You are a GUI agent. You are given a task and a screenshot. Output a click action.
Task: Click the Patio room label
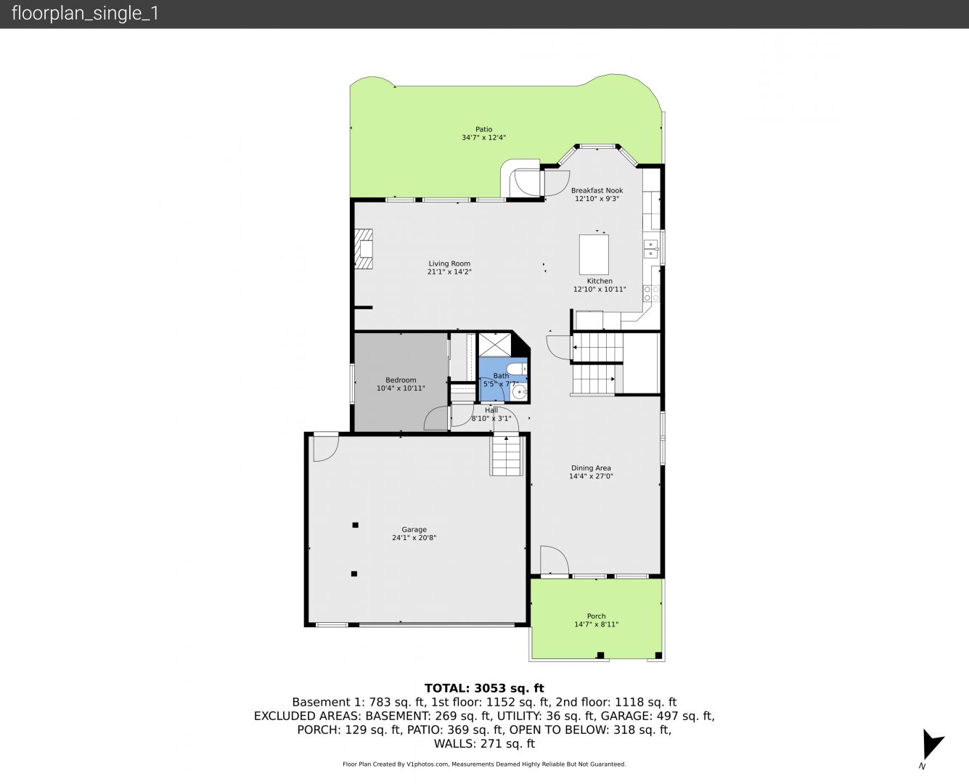coord(483,129)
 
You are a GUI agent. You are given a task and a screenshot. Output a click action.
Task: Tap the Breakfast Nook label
coord(597,191)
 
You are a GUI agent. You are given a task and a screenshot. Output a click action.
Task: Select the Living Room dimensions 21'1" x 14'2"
coord(449,271)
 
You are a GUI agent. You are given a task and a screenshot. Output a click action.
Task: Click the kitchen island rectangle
coord(594,254)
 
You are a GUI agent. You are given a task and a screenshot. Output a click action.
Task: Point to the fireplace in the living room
coord(364,249)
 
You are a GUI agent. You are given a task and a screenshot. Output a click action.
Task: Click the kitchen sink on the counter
coord(650,249)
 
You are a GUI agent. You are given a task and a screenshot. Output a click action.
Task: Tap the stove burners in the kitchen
coord(651,293)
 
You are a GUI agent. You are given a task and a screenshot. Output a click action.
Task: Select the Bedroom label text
coord(401,380)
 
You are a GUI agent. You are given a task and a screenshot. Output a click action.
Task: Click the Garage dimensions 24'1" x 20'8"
coord(414,537)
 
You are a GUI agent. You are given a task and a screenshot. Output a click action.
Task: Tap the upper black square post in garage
coord(356,525)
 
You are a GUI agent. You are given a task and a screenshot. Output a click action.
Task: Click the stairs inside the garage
coord(505,456)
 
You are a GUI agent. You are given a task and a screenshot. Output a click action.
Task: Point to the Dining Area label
coord(591,467)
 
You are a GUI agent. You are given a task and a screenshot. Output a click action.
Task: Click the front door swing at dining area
coord(555,560)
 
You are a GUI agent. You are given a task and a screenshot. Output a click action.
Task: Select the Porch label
coord(596,616)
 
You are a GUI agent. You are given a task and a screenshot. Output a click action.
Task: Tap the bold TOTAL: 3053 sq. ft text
coord(484,688)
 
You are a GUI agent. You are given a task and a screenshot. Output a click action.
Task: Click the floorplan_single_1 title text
coord(85,13)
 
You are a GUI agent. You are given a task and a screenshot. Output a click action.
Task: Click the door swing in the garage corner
coord(325,449)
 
